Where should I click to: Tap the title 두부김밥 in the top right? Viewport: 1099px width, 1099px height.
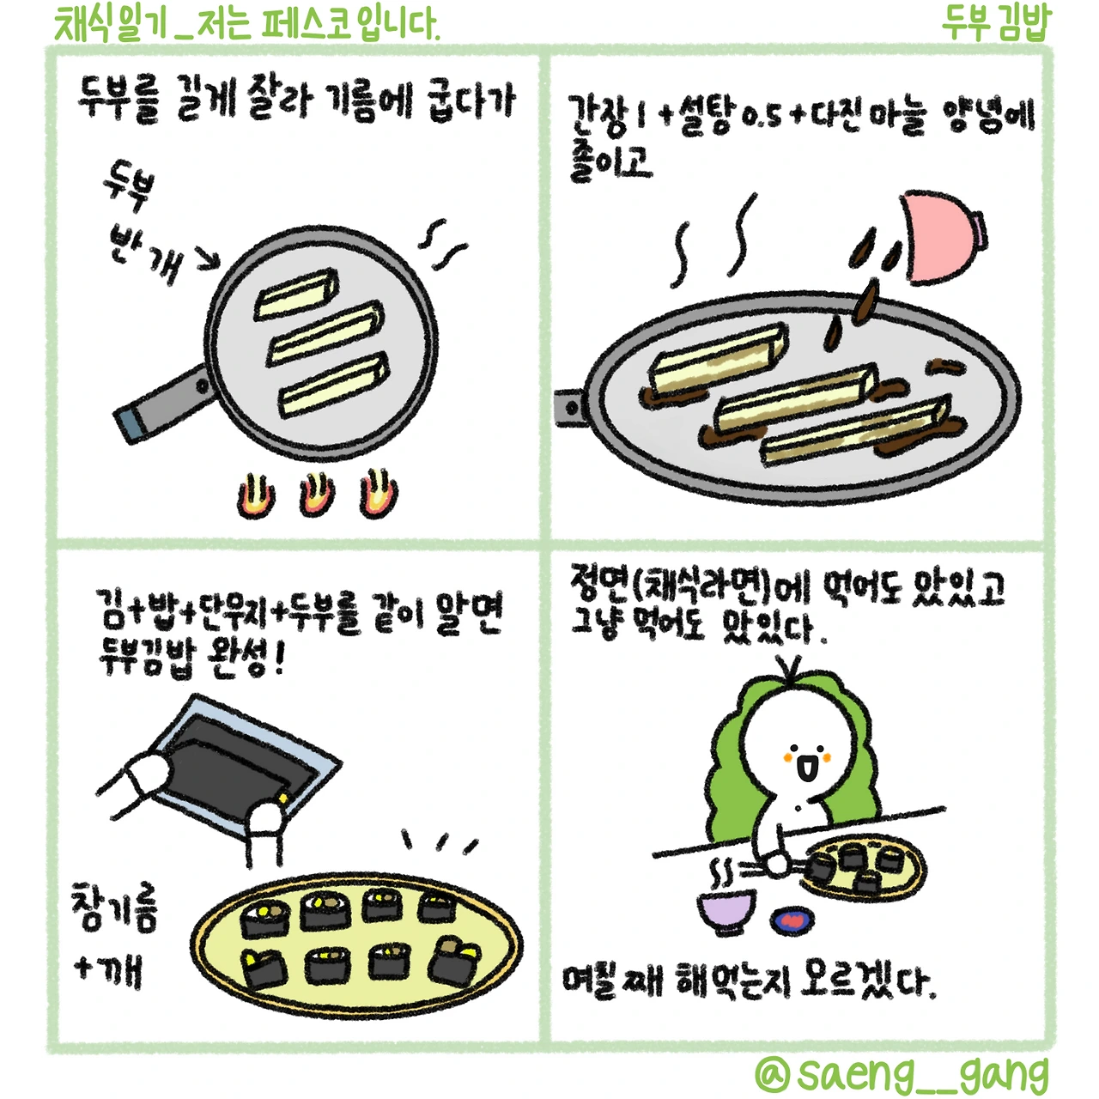(x=994, y=25)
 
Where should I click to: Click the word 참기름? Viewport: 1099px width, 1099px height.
(x=113, y=908)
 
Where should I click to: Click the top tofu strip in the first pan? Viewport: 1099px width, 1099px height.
(x=296, y=294)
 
